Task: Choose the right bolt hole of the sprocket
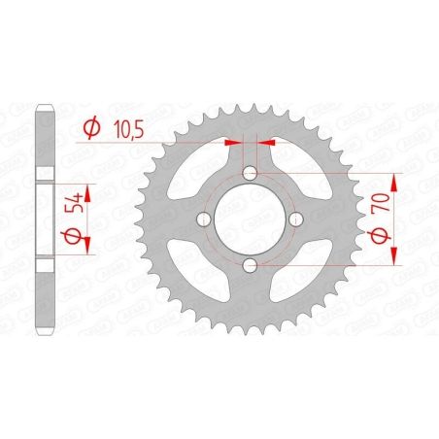(295, 219)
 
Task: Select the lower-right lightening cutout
(302, 271)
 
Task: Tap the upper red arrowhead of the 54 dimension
(85, 185)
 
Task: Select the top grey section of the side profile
(44, 136)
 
